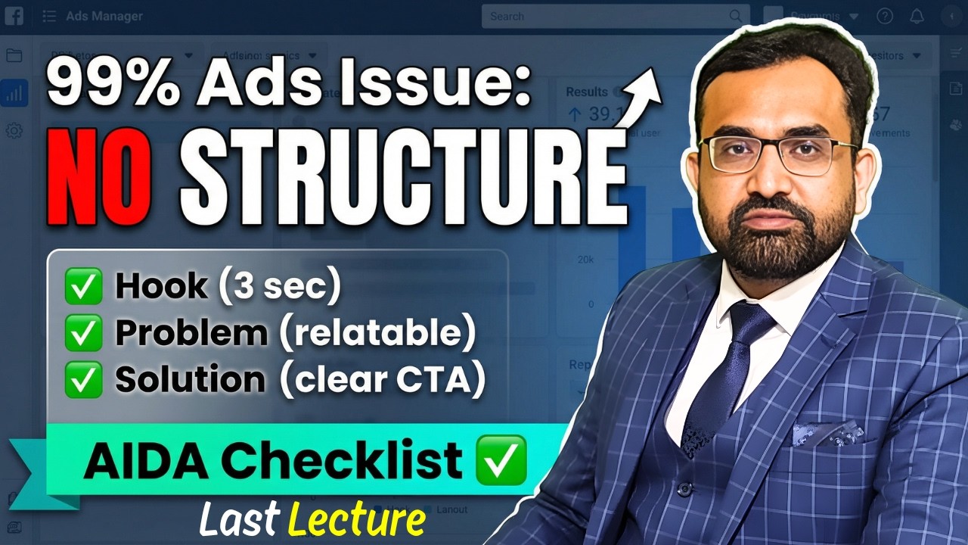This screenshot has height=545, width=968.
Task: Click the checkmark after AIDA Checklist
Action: coord(500,459)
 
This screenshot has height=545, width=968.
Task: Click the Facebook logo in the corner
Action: coord(13,15)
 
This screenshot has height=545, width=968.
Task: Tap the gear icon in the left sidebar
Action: coord(14,130)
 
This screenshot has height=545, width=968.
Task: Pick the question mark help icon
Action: coord(885,16)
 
